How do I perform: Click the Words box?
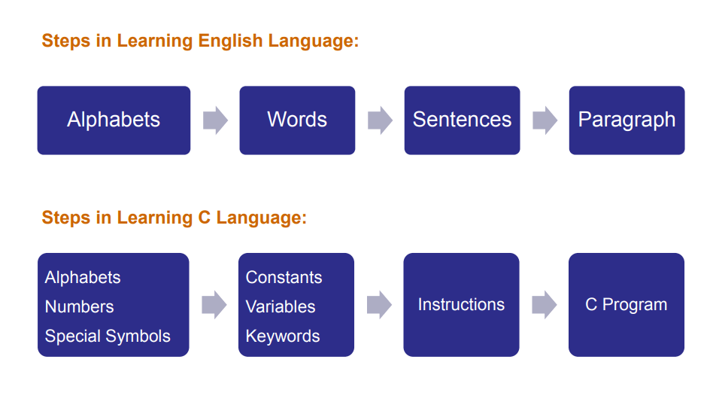pyautogui.click(x=297, y=120)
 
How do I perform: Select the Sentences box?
pyautogui.click(x=462, y=120)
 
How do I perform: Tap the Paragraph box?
pyautogui.click(x=627, y=120)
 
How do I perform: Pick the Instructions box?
pyautogui.click(x=461, y=305)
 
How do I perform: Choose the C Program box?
pyautogui.click(x=626, y=305)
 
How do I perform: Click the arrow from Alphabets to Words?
pyautogui.click(x=216, y=120)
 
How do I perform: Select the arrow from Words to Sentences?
pyautogui.click(x=381, y=120)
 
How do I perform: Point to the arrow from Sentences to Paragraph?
pyautogui.click(x=545, y=120)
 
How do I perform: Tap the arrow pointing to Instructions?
pyautogui.click(x=380, y=305)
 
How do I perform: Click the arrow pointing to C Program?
pyautogui.click(x=545, y=305)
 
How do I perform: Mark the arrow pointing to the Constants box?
pyautogui.click(x=214, y=305)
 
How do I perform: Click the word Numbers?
pyautogui.click(x=80, y=307)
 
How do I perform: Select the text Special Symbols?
pyautogui.click(x=108, y=337)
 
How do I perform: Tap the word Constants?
pyautogui.click(x=284, y=278)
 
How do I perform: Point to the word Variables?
pyautogui.click(x=281, y=307)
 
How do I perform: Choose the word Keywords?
pyautogui.click(x=283, y=337)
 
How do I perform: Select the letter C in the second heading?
pyautogui.click(x=204, y=218)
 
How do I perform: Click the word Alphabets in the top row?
pyautogui.click(x=114, y=120)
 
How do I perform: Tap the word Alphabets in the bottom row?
pyautogui.click(x=83, y=278)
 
